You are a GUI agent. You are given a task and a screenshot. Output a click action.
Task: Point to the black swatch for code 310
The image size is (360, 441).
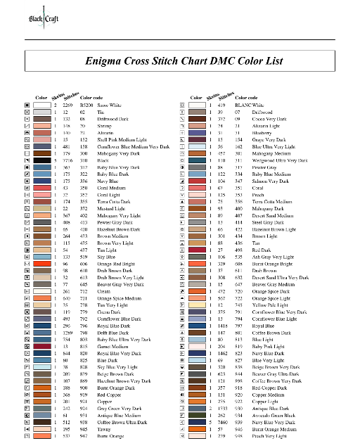coord(41,161)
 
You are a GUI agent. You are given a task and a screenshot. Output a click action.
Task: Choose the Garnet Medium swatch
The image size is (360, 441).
coord(41,366)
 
